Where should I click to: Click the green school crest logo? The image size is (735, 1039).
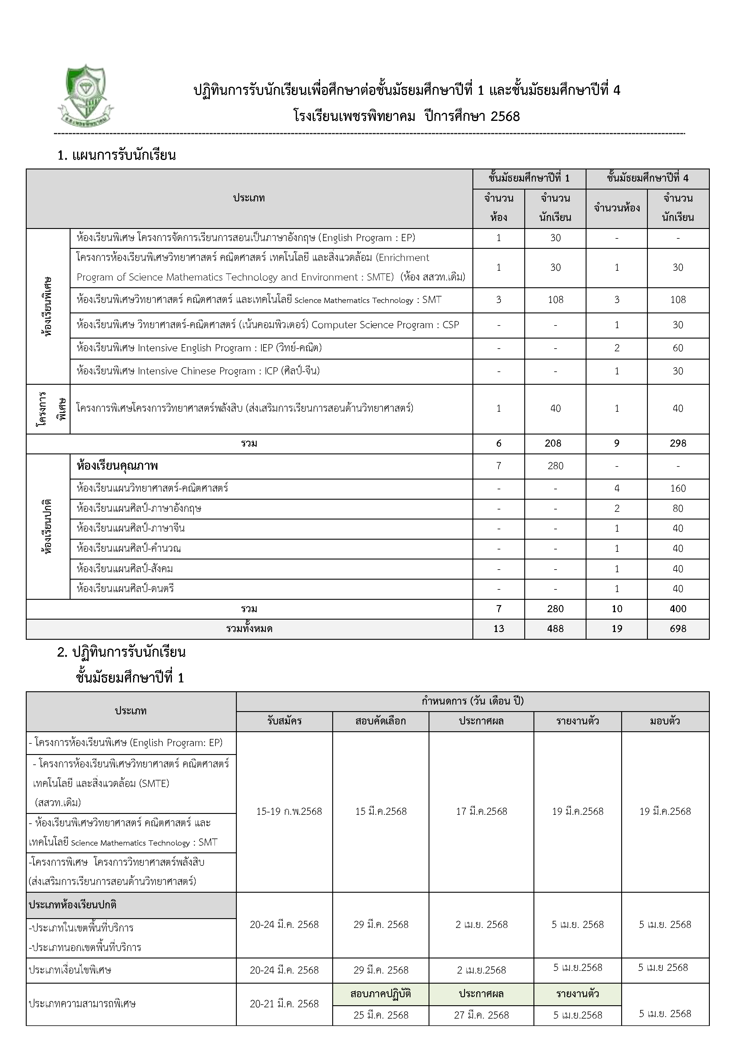[x=86, y=95]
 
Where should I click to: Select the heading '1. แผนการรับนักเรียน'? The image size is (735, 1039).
[x=117, y=156]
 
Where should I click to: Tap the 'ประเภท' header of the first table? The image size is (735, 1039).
[x=249, y=198]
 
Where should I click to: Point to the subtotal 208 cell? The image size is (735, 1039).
[x=553, y=443]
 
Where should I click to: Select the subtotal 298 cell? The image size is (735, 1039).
[x=678, y=443]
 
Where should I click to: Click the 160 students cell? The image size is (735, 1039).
[x=678, y=488]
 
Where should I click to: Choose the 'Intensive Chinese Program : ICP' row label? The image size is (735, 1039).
[x=198, y=371]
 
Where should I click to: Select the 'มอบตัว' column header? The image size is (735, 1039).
[x=665, y=721]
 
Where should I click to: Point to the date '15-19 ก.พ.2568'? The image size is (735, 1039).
[x=289, y=811]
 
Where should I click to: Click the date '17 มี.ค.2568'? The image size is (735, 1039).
[x=481, y=811]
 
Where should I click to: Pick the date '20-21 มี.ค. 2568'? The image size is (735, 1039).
[x=285, y=1004]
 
